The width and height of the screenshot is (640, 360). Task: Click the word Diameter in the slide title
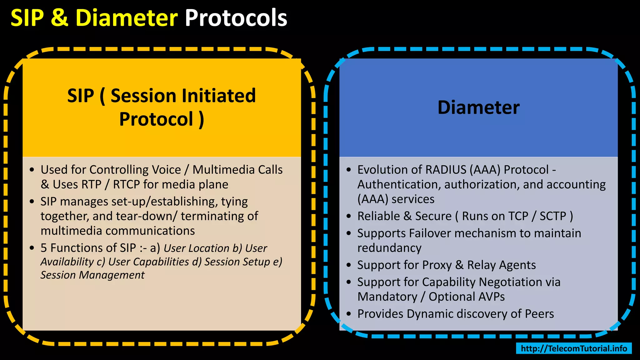coord(127,18)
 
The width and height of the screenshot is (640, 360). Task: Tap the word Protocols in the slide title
coord(236,18)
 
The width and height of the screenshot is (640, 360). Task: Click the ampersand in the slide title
coord(59,18)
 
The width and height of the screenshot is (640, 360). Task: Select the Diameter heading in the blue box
coord(478,107)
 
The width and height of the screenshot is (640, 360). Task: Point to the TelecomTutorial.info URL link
coord(574,348)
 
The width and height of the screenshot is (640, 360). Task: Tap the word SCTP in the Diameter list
coord(553,216)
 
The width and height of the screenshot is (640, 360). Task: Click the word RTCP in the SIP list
coord(126,185)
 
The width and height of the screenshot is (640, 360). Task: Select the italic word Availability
coord(67,262)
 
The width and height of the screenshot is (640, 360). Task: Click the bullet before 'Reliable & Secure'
coord(349,216)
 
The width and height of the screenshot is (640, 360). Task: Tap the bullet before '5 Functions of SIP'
coord(32,248)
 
